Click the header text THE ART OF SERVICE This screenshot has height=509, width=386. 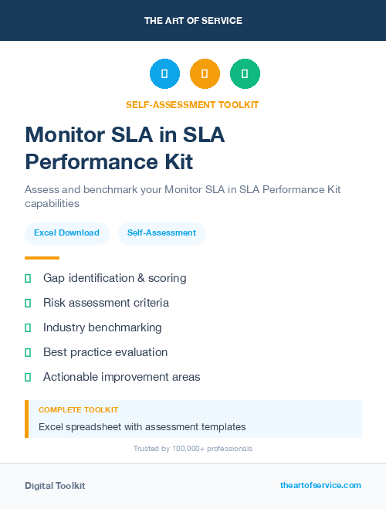193,21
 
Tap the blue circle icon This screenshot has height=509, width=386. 164,74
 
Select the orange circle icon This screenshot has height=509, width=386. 205,74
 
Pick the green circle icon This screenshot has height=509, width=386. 245,74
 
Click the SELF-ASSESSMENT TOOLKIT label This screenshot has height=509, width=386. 193,104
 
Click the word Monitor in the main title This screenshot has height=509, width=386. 66,135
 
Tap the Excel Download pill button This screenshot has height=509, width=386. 66,232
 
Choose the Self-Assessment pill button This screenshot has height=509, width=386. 161,232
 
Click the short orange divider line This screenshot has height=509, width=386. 42,258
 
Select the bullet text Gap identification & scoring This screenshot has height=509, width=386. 114,278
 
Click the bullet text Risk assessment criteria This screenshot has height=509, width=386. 106,303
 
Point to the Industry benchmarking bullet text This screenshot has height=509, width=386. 102,327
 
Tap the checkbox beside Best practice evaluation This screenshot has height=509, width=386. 28,352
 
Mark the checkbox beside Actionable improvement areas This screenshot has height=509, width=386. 28,377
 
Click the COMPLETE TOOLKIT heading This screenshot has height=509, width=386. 78,410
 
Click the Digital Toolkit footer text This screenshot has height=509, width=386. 55,486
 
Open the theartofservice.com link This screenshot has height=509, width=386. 320,485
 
